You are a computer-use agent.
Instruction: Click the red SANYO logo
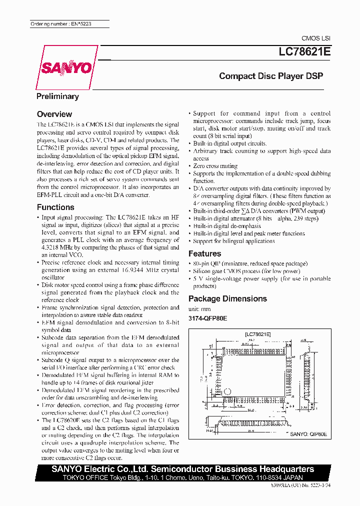coord(65,67)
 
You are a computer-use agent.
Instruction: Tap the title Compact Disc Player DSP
coord(271,76)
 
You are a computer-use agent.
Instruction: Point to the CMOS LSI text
coord(315,38)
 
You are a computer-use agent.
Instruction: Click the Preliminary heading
coord(57,96)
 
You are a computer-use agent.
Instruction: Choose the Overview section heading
coord(54,114)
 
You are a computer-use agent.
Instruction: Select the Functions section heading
coord(55,207)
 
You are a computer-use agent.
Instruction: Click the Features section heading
coord(204,253)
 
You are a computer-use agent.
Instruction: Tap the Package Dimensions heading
coord(227,298)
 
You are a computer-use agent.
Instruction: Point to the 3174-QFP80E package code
coord(207,318)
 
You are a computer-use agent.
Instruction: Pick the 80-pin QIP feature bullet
coord(209,263)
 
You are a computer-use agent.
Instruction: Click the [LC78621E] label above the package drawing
coord(257,333)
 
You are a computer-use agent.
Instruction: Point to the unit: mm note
coord(199,309)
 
